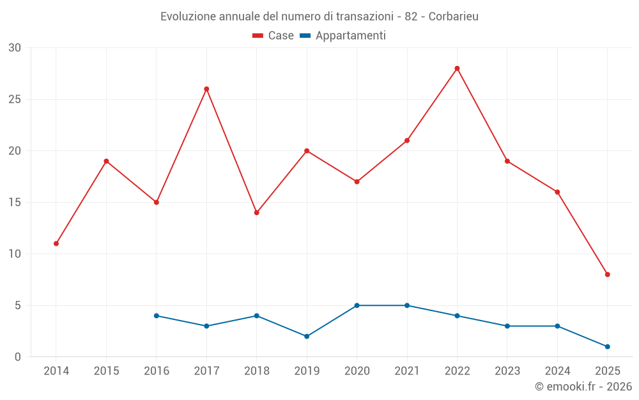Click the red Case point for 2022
tap(457, 68)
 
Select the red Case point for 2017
tap(206, 89)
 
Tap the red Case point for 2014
tap(56, 244)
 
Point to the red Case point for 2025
tap(608, 275)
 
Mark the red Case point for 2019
tap(307, 151)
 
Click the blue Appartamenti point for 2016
tap(157, 316)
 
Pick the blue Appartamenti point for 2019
tap(307, 336)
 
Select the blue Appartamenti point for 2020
tap(357, 305)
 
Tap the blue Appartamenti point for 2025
tap(608, 347)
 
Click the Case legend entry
tap(273, 36)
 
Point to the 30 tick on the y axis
tap(15, 48)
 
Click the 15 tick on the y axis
tap(15, 203)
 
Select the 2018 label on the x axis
tap(256, 371)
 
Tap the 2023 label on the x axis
tap(507, 371)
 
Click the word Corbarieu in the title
tap(453, 16)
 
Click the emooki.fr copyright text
tap(583, 387)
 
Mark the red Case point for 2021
tap(407, 141)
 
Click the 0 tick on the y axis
tap(18, 357)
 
